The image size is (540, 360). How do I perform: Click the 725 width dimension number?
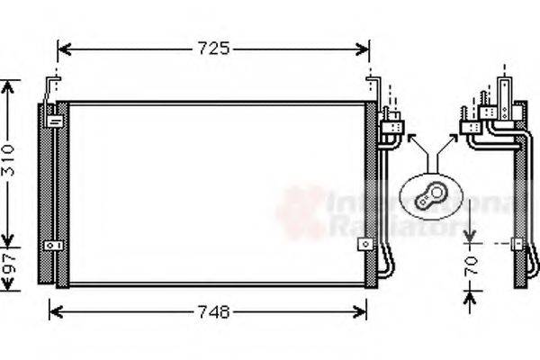[213, 48]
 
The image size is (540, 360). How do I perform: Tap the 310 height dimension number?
[8, 160]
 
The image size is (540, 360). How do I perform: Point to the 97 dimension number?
[8, 266]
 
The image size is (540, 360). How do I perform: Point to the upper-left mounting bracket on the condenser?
[54, 119]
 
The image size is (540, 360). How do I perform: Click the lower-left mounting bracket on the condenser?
[55, 245]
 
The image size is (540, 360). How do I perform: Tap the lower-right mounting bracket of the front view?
[364, 244]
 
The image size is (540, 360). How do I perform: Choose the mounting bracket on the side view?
[517, 243]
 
